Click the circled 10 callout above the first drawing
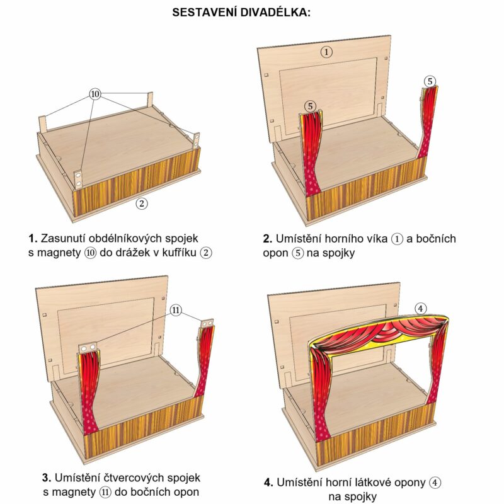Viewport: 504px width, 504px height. click(x=95, y=94)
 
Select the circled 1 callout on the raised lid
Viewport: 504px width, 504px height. click(x=326, y=52)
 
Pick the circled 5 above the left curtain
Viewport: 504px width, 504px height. click(x=311, y=106)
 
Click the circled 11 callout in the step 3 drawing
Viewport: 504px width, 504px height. click(x=176, y=310)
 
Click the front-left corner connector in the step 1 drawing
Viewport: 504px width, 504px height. click(x=80, y=178)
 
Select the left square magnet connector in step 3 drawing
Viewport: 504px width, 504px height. click(x=89, y=348)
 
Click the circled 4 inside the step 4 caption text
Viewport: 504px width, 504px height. click(x=435, y=483)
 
